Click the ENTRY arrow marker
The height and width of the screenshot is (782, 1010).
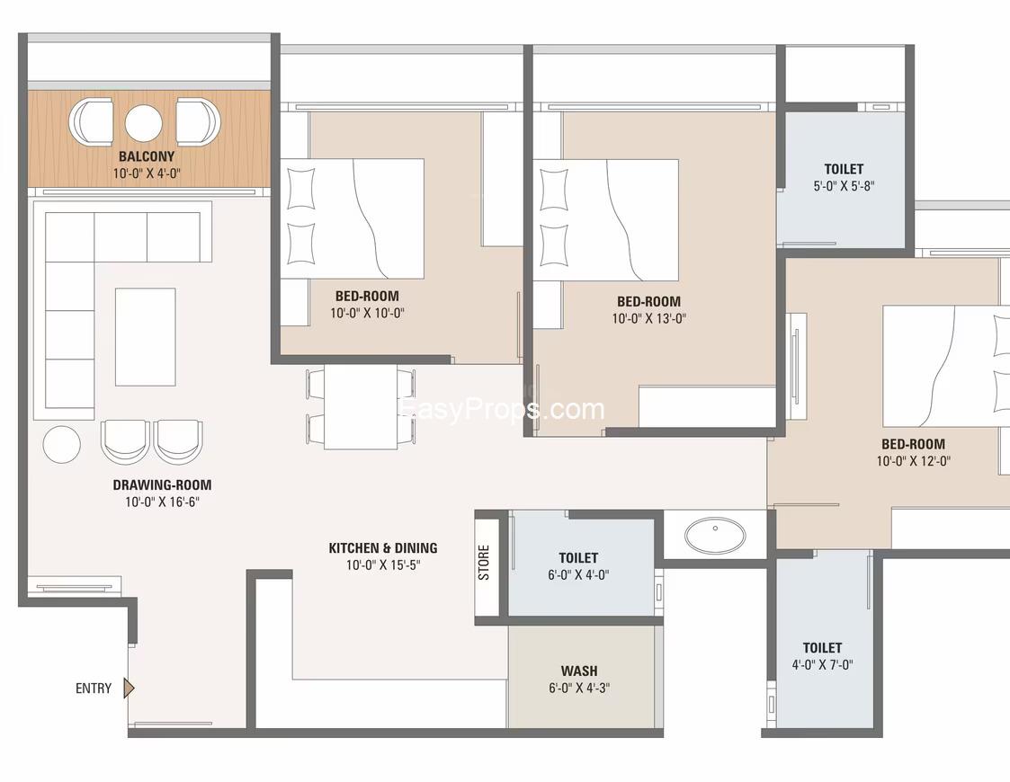pos(129,688)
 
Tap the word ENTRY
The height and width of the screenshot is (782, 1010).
pos(94,689)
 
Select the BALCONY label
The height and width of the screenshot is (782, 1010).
pos(147,156)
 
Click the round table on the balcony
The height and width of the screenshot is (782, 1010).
pos(143,123)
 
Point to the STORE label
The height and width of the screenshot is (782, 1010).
pos(484,563)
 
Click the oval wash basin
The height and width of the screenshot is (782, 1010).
pos(715,535)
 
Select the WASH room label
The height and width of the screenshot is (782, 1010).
pos(579,671)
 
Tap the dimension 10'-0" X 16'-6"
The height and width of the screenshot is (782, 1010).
pos(162,502)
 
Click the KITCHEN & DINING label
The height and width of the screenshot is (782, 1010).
pos(383,547)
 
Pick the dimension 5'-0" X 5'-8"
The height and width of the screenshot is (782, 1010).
pos(844,186)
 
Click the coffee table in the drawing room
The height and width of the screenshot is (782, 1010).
pos(146,337)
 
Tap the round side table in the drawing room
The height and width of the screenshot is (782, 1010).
pos(62,444)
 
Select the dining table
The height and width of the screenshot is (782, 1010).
pos(361,407)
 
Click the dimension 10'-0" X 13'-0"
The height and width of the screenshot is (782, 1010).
pos(649,318)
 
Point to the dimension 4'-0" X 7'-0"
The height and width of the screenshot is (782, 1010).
pos(823,665)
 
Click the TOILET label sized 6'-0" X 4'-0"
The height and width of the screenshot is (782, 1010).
pos(578,557)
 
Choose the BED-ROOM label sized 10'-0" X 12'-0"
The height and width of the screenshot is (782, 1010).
pos(914,444)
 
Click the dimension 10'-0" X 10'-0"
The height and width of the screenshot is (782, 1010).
pos(367,314)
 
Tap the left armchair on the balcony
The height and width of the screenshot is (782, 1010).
pos(92,121)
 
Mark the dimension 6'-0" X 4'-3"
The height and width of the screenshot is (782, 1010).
pos(579,688)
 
